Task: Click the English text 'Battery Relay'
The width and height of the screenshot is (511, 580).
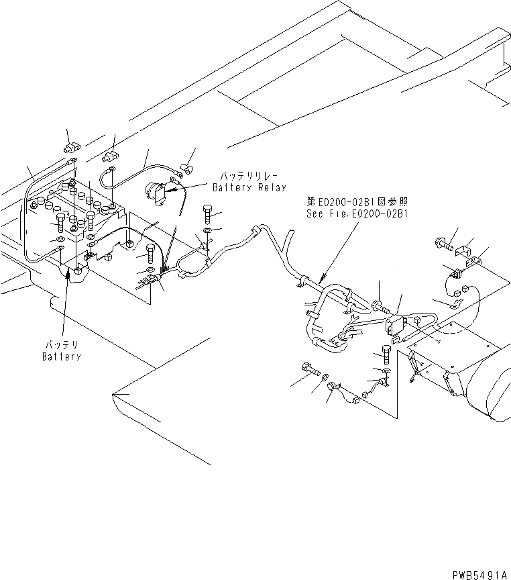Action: [249, 188]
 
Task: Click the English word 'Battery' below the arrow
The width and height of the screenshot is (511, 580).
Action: [62, 356]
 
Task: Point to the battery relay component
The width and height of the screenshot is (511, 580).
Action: [157, 192]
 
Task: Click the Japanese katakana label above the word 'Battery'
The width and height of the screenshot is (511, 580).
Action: [62, 344]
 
